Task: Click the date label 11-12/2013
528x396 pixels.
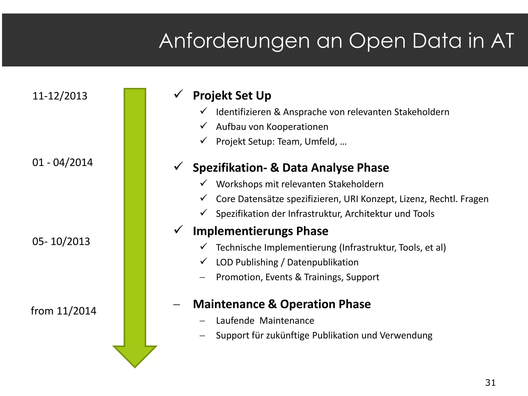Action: click(60, 96)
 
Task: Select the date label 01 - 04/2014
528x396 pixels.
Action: click(62, 162)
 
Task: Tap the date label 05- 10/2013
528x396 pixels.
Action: click(61, 242)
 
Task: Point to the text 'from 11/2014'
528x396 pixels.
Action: click(63, 311)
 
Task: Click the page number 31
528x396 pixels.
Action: click(490, 383)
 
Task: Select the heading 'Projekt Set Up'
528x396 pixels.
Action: click(232, 96)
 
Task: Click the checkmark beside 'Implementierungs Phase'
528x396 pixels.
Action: click(178, 229)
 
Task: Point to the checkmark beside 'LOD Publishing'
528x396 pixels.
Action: click(204, 261)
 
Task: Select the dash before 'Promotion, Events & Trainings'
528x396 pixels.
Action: click(202, 278)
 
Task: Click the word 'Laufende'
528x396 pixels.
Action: click(235, 321)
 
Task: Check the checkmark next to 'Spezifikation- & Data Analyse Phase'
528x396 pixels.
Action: click(178, 166)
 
